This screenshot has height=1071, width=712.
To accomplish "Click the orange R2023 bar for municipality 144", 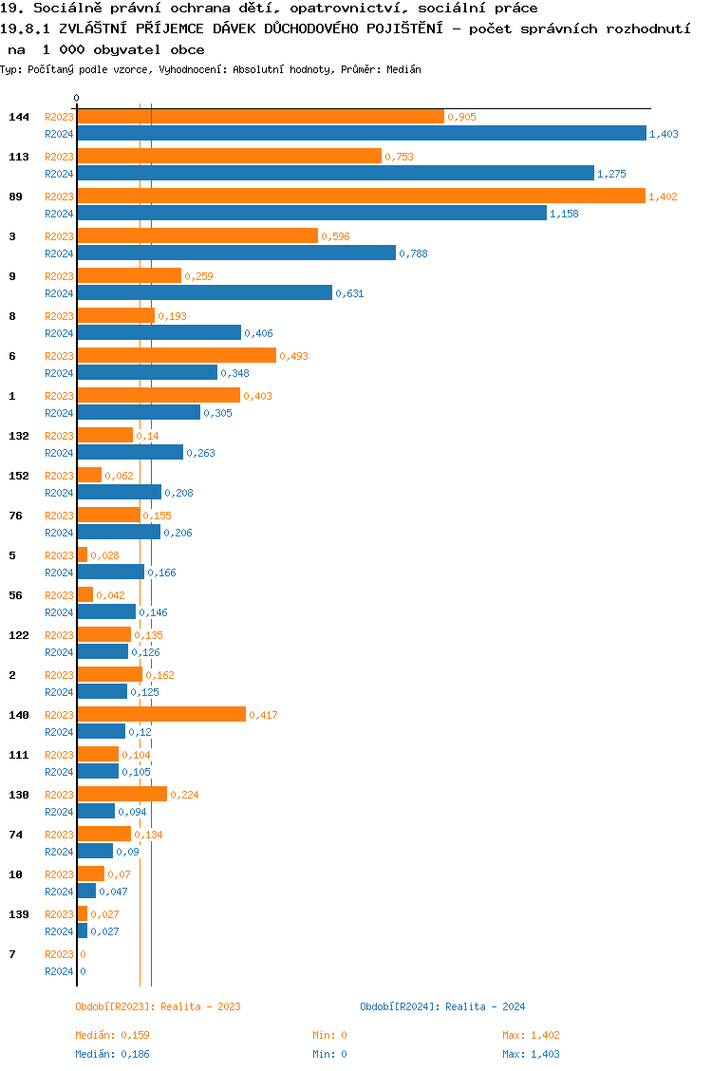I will tap(260, 116).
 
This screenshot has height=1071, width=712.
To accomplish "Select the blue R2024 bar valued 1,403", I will tap(361, 134).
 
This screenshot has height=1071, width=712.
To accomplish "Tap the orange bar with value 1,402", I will tap(361, 196).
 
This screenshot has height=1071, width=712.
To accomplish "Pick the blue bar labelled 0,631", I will tap(204, 292).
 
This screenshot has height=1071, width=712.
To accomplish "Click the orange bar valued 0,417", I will tap(161, 714).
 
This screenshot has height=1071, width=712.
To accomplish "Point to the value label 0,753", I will tap(399, 157).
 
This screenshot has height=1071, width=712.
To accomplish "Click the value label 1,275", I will tap(611, 174).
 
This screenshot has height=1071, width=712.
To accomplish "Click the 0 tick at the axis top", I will tap(77, 98).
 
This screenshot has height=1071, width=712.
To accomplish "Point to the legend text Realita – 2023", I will tap(200, 1006).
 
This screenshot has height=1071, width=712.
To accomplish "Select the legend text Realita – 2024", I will tap(485, 1006).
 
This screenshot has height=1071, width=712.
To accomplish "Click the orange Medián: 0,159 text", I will tap(112, 1035).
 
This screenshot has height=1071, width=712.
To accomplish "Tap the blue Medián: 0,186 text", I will tap(112, 1054).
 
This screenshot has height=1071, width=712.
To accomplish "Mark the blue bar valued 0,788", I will tap(236, 253).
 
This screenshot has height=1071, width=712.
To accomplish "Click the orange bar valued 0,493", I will tap(177, 355).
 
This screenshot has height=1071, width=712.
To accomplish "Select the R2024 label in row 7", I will tap(59, 971).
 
